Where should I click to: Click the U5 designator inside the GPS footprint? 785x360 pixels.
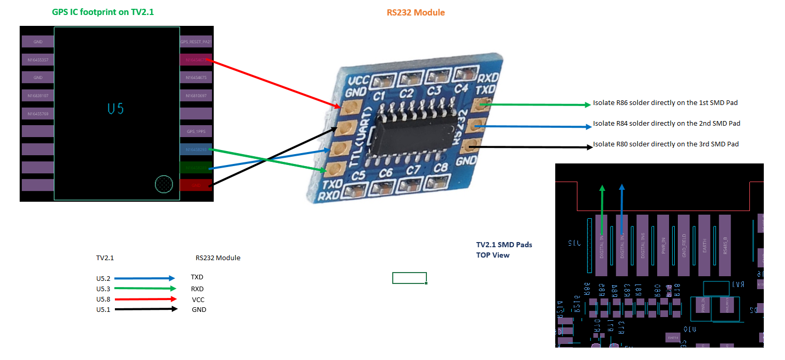click(116, 109)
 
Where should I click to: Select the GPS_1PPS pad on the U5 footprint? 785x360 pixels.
click(196, 131)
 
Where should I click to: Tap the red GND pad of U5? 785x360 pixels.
click(196, 185)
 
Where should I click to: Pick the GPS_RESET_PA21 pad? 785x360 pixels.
click(196, 42)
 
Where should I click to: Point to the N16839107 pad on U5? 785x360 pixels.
click(38, 96)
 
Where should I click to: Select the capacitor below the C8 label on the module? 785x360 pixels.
click(439, 181)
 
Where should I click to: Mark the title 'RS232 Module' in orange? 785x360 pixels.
click(416, 12)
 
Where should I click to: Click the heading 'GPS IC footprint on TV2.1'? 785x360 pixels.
click(103, 12)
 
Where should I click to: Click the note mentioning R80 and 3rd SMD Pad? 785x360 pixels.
click(665, 144)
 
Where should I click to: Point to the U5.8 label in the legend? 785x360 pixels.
click(103, 299)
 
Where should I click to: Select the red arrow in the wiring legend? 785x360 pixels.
click(145, 299)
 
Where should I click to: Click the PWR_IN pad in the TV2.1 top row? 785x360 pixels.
click(663, 245)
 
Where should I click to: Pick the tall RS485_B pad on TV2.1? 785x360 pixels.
click(724, 245)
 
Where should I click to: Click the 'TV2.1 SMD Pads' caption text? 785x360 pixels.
click(504, 245)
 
